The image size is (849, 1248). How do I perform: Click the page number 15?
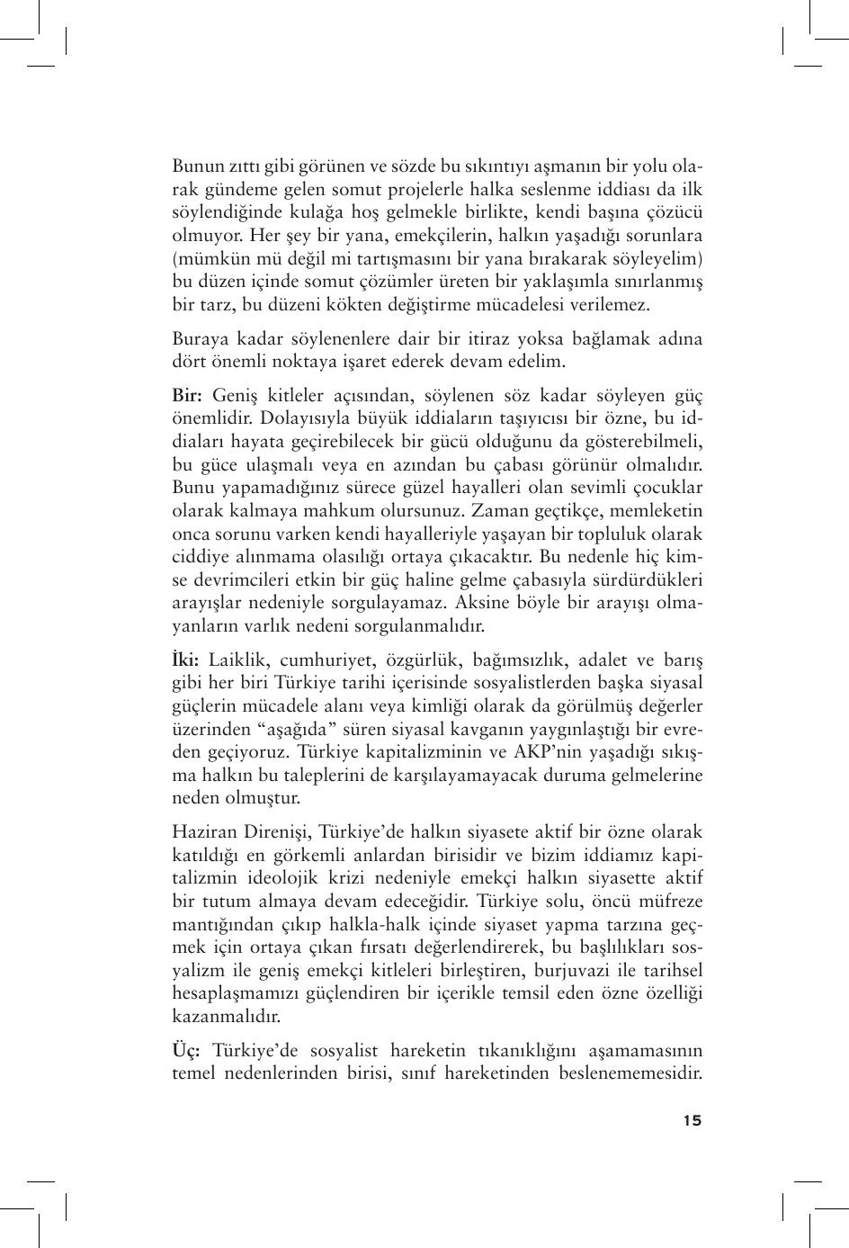click(692, 1120)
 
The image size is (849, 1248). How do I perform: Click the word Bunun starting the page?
click(197, 166)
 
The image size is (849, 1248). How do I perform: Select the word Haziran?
click(204, 832)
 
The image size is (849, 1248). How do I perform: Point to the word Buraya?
click(200, 339)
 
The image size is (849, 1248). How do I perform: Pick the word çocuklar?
click(666, 488)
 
